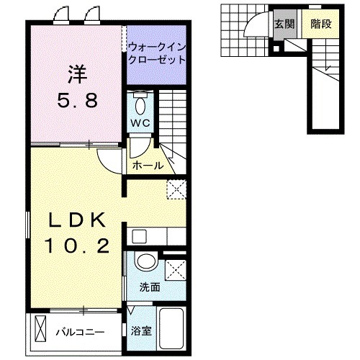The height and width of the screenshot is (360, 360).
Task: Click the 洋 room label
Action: (x=77, y=73)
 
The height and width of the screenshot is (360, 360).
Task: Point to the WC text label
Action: (x=140, y=123)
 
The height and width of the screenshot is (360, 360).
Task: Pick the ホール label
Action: (x=148, y=166)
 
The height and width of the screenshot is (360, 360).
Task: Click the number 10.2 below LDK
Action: (x=78, y=248)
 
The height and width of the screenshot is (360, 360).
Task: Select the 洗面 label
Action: (x=150, y=286)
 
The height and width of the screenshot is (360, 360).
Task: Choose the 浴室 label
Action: (x=141, y=331)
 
